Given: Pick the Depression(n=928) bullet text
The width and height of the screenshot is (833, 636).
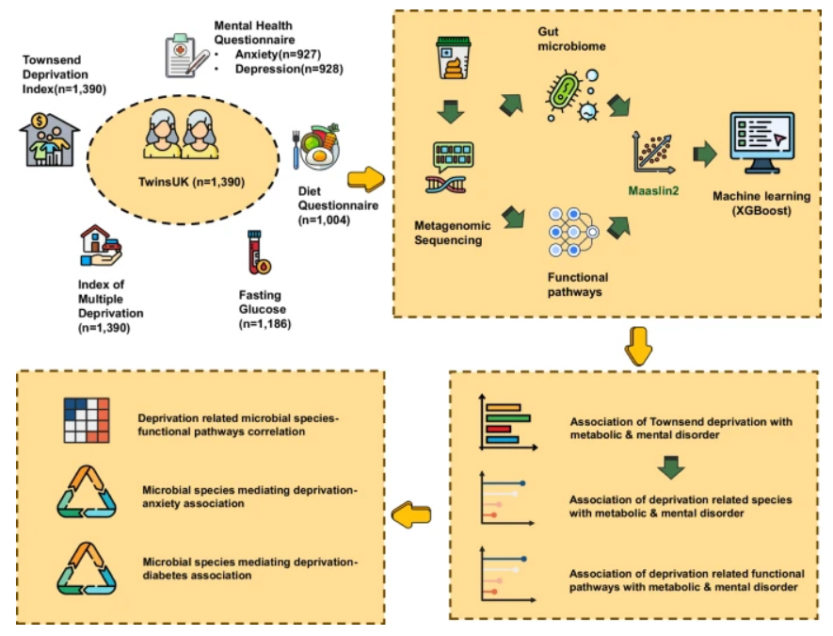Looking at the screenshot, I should coord(288,69).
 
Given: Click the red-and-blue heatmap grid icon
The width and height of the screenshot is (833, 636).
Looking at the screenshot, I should coord(88,421).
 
